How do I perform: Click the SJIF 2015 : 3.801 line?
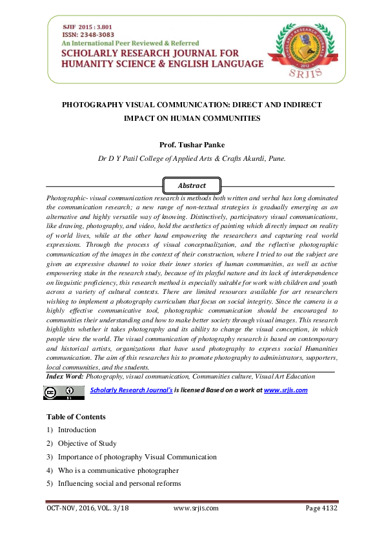click(x=86, y=25)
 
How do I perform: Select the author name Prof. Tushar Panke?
click(x=191, y=145)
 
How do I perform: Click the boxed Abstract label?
click(x=192, y=185)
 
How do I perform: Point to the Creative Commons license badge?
click(x=63, y=392)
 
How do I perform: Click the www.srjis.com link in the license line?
click(x=285, y=390)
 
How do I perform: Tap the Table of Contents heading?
click(x=76, y=417)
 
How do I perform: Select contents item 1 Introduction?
click(x=76, y=430)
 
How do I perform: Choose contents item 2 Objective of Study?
click(x=86, y=443)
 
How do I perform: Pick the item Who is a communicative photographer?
click(x=117, y=470)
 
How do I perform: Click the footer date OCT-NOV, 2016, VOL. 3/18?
click(x=88, y=508)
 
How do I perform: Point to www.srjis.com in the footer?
click(x=196, y=508)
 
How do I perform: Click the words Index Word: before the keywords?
click(x=66, y=376)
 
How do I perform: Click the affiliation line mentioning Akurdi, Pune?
click(x=191, y=158)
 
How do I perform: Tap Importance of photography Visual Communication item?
click(x=137, y=457)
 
